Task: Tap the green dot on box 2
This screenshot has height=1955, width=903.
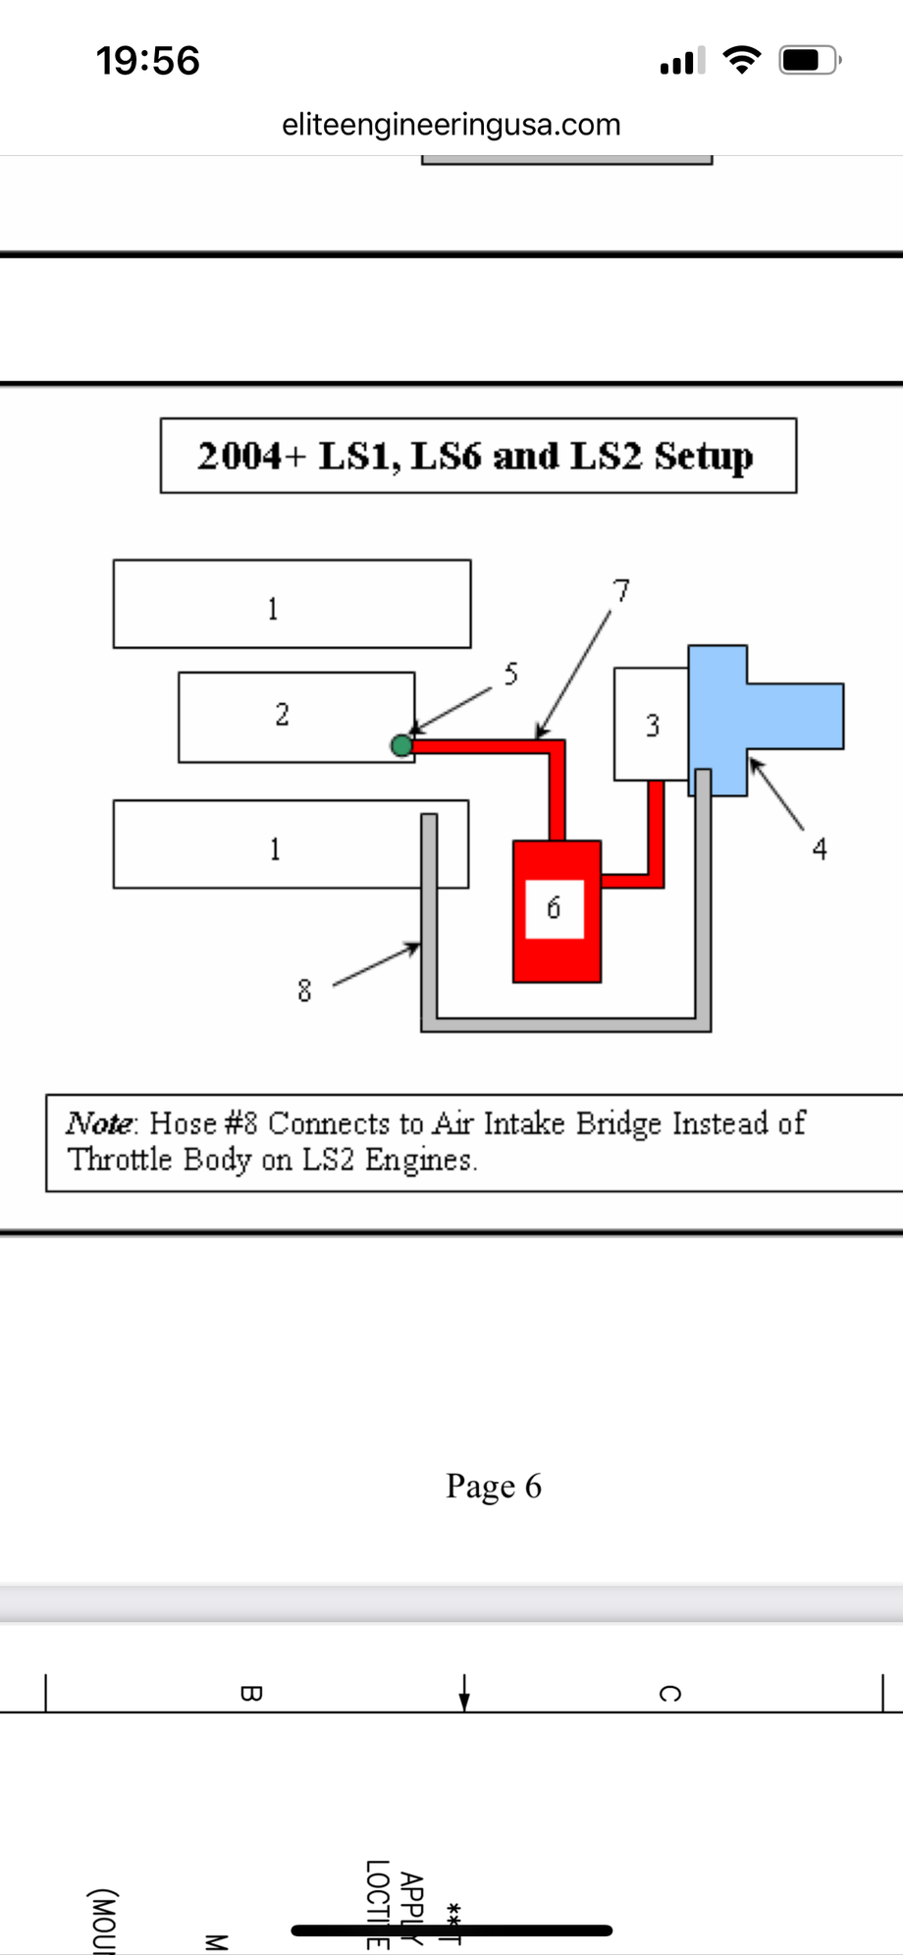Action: tap(401, 746)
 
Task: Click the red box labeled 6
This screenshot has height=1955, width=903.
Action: tap(557, 943)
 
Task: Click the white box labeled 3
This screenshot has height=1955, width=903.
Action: tap(651, 726)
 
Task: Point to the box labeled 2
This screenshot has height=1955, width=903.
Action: tap(283, 715)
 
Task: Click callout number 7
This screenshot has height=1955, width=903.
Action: tap(621, 590)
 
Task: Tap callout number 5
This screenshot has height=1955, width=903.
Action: tap(510, 674)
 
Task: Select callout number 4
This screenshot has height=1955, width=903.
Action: tap(820, 848)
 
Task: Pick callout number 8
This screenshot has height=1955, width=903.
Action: tap(304, 991)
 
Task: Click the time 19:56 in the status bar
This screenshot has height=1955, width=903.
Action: tap(148, 61)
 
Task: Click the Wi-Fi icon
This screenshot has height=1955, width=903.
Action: tap(742, 61)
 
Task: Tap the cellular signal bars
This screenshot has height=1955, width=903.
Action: tap(683, 62)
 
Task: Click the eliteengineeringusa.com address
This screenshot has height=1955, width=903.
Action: tap(451, 125)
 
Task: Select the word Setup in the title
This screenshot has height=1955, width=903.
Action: tap(704, 457)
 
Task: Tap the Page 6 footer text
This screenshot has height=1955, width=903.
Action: tap(494, 1487)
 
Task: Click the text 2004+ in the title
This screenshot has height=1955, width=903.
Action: tap(252, 457)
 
